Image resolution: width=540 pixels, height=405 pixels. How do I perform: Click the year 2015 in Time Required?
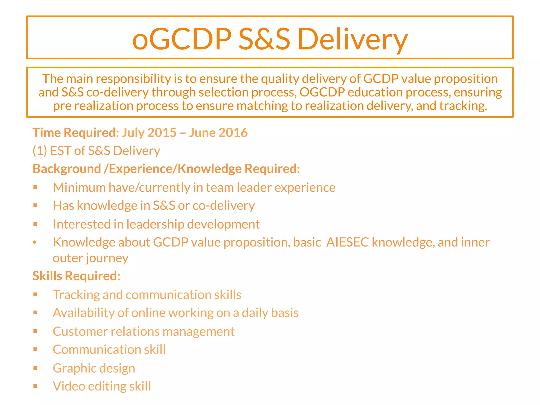click(162, 132)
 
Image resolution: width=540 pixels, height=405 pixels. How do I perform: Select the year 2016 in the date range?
click(233, 132)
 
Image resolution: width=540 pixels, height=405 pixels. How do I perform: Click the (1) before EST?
click(40, 151)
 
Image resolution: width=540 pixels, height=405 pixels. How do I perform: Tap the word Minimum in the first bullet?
click(79, 187)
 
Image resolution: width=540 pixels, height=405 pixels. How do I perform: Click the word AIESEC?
click(347, 242)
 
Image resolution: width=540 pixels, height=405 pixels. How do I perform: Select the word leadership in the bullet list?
click(155, 224)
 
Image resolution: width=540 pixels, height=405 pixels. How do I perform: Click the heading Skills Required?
click(76, 276)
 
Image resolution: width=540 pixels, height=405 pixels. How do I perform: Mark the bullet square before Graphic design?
click(36, 368)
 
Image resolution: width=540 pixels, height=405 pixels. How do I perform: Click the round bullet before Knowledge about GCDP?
click(35, 243)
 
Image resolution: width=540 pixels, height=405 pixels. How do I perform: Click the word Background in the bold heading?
click(67, 169)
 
